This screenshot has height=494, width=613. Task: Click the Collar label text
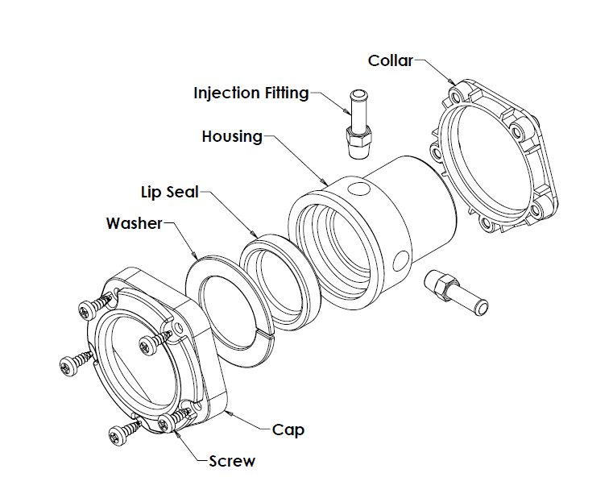(x=390, y=60)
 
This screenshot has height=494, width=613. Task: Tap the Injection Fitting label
(x=251, y=93)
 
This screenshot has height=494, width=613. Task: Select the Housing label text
(x=232, y=136)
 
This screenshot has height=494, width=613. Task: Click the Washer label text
(x=135, y=223)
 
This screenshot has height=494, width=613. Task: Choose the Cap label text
(x=288, y=430)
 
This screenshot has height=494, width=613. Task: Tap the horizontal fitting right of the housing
(x=453, y=291)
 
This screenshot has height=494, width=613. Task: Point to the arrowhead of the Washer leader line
(x=198, y=259)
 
